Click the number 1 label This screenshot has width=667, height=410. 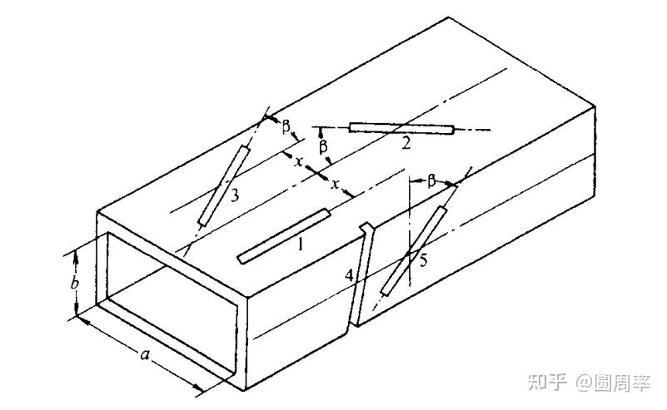coord(301,244)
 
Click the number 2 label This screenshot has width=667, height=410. coord(406,143)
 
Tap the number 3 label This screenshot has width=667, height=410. coord(235,195)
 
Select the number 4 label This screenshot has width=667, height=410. coord(349,276)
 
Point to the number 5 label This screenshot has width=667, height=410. coord(423,260)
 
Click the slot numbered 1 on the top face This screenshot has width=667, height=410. coord(284,236)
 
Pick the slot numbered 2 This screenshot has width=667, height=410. coord(401,128)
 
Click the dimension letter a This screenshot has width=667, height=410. coord(145,354)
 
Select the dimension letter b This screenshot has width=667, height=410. coord(74,283)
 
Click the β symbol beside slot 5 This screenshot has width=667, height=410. coord(431,181)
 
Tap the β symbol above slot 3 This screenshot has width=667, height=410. coord(286,126)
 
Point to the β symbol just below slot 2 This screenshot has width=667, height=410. coord(324,146)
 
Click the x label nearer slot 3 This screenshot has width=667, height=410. coord(299,161)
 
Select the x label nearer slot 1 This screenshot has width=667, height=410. coord(336,184)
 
